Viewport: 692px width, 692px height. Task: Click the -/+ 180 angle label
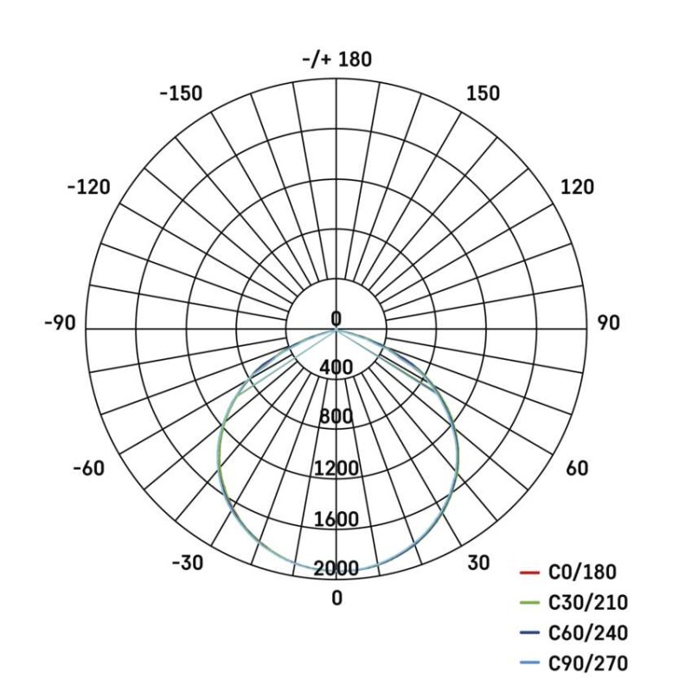click(x=336, y=60)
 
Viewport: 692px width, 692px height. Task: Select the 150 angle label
click(x=483, y=93)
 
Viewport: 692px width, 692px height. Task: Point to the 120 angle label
click(x=577, y=187)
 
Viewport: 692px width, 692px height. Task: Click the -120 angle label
click(x=88, y=187)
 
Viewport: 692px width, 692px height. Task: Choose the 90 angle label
click(x=608, y=323)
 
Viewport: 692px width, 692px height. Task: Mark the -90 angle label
click(x=60, y=323)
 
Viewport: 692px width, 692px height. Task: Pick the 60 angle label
click(x=577, y=469)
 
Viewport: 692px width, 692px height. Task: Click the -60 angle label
click(x=88, y=469)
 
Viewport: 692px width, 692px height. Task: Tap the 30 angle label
click(x=478, y=563)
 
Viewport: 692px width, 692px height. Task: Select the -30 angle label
click(x=187, y=563)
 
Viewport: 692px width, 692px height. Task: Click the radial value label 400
click(x=336, y=368)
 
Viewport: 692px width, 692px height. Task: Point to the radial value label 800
click(x=336, y=418)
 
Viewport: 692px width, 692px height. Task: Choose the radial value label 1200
click(x=336, y=470)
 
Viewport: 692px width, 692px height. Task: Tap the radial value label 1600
click(x=336, y=520)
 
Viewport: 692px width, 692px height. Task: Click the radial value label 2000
click(x=336, y=569)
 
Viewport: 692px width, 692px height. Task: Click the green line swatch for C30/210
click(x=529, y=604)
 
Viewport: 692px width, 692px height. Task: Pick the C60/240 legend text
click(x=588, y=633)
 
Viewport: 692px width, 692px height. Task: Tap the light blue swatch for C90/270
click(x=529, y=664)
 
